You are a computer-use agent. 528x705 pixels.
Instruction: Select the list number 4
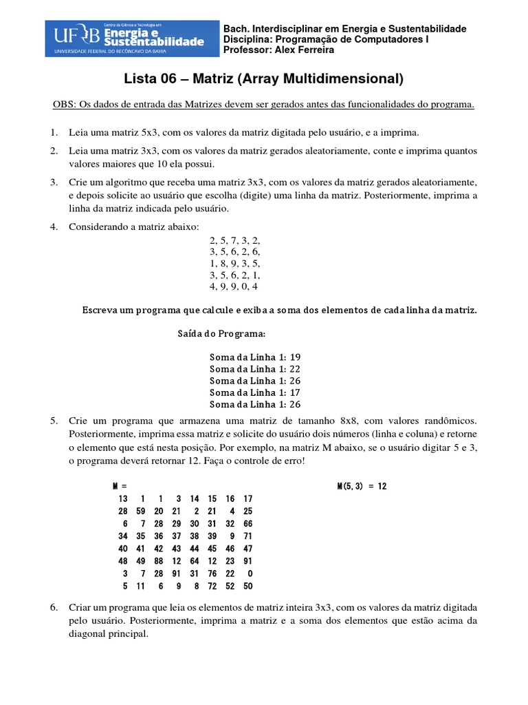53,228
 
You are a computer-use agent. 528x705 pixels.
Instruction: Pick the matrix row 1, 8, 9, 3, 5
235,263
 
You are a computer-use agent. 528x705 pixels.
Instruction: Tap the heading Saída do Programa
221,334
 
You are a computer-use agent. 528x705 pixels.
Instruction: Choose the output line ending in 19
255,357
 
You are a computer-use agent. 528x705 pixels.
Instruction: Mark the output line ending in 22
255,369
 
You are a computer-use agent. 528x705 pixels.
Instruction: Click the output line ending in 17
255,392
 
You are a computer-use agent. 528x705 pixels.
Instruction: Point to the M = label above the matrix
121,486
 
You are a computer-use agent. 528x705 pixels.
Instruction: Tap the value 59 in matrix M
140,511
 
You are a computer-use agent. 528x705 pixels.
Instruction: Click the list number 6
53,609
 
